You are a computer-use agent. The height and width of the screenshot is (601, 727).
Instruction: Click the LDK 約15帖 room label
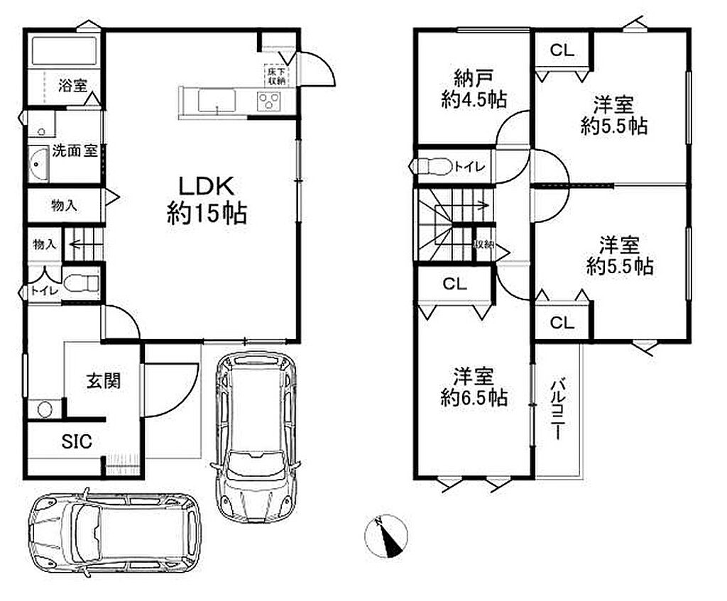207,200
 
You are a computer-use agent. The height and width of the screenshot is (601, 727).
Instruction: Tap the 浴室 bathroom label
72,86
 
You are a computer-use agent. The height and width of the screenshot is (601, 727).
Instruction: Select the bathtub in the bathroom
65,50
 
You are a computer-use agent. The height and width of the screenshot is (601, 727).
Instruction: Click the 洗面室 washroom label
74,150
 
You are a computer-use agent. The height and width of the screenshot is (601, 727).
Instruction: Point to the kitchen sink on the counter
217,101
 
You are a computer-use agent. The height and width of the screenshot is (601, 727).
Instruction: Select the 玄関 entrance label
103,381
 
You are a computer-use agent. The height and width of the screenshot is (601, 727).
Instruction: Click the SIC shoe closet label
77,441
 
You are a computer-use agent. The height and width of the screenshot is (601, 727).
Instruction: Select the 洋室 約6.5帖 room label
474,387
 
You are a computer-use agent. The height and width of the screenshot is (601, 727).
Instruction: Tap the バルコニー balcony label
558,409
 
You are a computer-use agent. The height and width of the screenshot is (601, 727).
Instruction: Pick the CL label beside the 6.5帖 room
455,284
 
